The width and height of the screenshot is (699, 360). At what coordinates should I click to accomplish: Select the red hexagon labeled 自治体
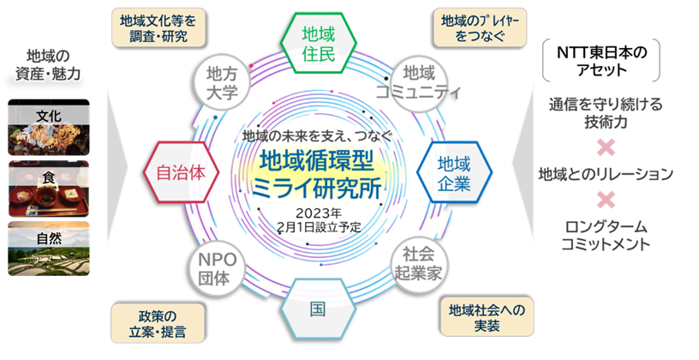(181, 170)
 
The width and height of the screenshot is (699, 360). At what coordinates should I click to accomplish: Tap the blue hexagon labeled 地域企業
(455, 170)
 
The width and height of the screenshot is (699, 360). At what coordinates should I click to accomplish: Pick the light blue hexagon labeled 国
(318, 306)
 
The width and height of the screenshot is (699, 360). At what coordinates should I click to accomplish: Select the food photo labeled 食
(48, 186)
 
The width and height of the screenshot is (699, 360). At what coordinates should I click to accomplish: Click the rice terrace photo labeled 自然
(48, 244)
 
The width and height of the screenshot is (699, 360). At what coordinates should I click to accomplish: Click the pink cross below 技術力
(606, 147)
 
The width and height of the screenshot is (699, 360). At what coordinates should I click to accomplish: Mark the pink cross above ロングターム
(606, 201)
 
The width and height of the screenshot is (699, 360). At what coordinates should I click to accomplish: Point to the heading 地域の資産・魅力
(48, 65)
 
